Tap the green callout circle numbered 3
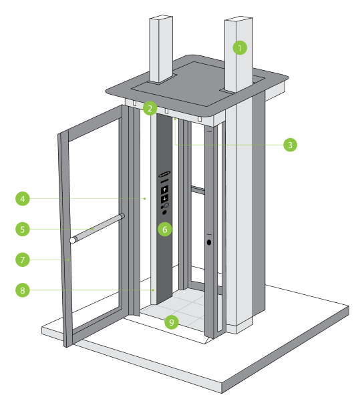pos(289,144)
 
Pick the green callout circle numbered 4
pos(23,199)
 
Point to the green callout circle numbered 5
pos(23,229)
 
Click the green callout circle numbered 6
pos(165,230)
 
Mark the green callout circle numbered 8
pos(23,290)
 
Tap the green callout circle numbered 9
pos(172,322)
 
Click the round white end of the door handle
pos(71,240)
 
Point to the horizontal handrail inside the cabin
pos(197,190)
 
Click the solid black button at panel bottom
pos(164,213)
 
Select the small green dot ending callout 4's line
pos(145,199)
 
